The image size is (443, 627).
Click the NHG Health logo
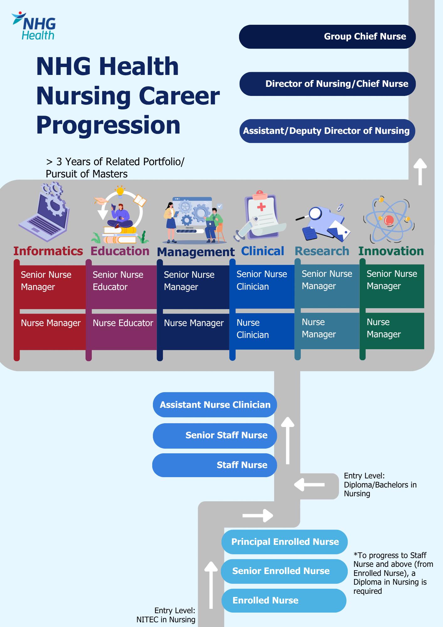(x=34, y=26)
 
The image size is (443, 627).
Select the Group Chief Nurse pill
(x=327, y=37)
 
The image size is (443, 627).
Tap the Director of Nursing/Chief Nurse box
(x=328, y=84)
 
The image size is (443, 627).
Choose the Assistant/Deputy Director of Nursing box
(x=327, y=131)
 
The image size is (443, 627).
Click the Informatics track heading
(x=48, y=251)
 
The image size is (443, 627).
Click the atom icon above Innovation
(x=389, y=220)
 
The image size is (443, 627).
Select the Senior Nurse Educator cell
(x=121, y=287)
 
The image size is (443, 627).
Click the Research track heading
(x=322, y=251)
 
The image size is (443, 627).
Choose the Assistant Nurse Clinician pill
(x=215, y=405)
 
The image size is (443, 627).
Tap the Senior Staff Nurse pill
(x=215, y=435)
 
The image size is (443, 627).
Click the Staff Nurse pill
(x=215, y=465)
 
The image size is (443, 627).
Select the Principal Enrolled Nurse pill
(x=284, y=542)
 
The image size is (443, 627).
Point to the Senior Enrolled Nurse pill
(x=284, y=571)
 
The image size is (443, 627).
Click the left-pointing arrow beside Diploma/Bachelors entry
(x=309, y=485)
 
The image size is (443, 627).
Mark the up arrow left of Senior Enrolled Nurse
(x=211, y=585)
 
